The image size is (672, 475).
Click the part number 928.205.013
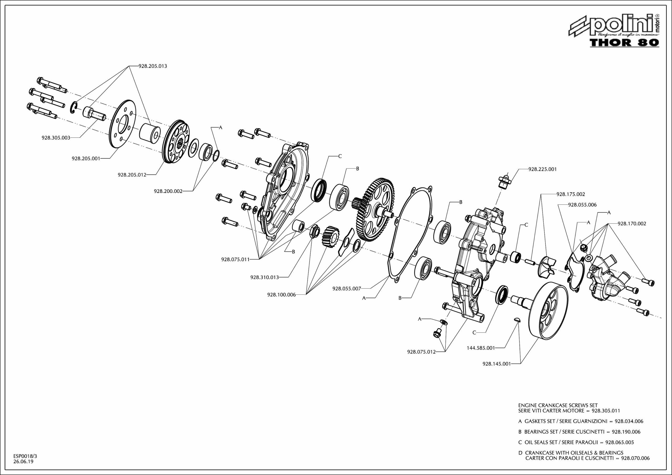pyautogui.click(x=153, y=66)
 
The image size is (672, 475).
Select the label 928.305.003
pyautogui.click(x=56, y=138)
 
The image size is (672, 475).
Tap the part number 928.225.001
pyautogui.click(x=542, y=169)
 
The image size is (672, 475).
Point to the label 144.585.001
pyautogui.click(x=481, y=348)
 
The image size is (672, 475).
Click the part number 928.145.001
pyautogui.click(x=496, y=364)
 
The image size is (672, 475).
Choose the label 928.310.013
pyautogui.click(x=265, y=277)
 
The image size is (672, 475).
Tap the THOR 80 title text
pyautogui.click(x=624, y=43)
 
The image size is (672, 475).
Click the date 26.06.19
pyautogui.click(x=23, y=462)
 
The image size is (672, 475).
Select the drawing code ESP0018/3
pyautogui.click(x=25, y=456)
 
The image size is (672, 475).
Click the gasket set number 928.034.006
pyautogui.click(x=629, y=421)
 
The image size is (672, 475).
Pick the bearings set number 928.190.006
pyautogui.click(x=626, y=432)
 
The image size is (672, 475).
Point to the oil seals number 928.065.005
pyautogui.click(x=619, y=442)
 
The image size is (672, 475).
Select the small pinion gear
pyautogui.click(x=330, y=236)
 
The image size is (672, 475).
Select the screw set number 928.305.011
pyautogui.click(x=606, y=411)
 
